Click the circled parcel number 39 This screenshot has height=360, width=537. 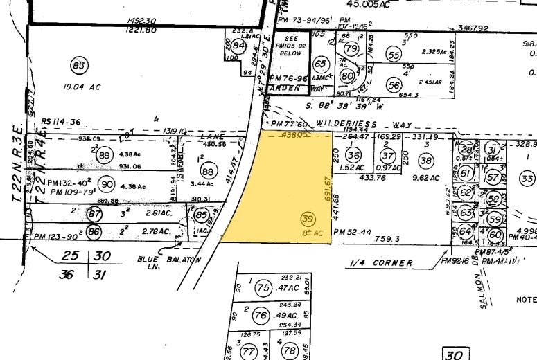(308, 219)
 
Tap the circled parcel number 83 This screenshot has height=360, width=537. (78, 66)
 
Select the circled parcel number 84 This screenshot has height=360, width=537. (239, 46)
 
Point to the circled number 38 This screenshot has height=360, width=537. (426, 161)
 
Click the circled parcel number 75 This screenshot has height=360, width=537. (263, 287)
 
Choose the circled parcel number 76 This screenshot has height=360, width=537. (260, 316)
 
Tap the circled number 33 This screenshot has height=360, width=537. (527, 179)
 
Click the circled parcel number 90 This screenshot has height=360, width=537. (107, 184)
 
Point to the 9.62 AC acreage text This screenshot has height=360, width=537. (426, 178)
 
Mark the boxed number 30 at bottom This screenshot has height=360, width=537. (453, 354)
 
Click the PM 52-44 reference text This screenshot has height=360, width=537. (353, 233)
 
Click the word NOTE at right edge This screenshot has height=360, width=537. (526, 300)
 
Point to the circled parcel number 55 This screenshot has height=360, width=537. (394, 55)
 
